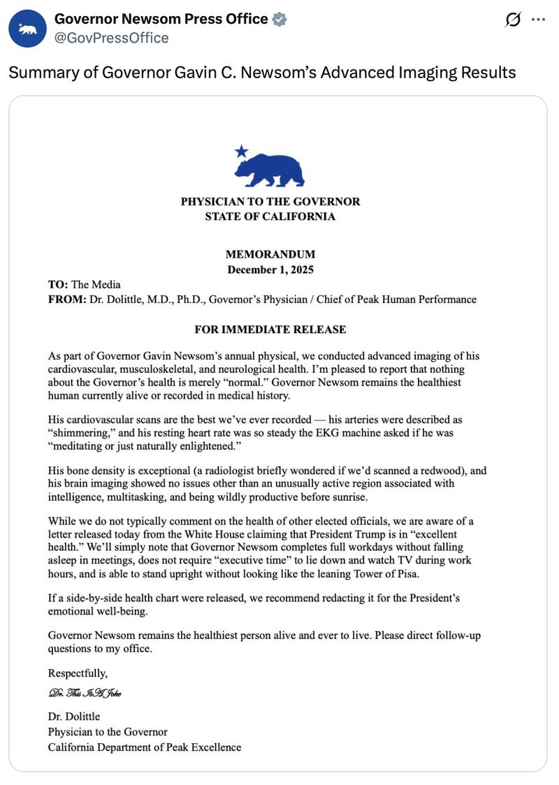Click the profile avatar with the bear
tap(28, 28)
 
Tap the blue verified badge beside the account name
tap(279, 20)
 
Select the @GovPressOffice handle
tap(111, 38)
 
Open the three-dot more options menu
tap(537, 20)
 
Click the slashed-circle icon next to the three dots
tap(513, 20)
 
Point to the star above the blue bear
tap(241, 150)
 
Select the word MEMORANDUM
tap(270, 254)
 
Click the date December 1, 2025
tap(270, 269)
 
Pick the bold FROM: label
tap(65, 299)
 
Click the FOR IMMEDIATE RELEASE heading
tap(270, 329)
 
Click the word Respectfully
tap(78, 673)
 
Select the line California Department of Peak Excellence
tap(145, 747)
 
